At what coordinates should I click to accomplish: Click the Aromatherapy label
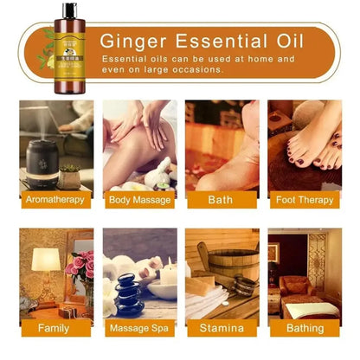pos(55,199)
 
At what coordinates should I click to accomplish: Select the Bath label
pos(221,199)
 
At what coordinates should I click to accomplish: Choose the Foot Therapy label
pos(303,199)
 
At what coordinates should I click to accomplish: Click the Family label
pos(55,328)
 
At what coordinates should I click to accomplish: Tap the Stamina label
pos(221,328)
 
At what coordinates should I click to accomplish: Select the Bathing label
pos(303,328)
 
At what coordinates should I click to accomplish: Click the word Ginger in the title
pos(139,40)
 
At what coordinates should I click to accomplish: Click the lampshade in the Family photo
pos(46,259)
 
